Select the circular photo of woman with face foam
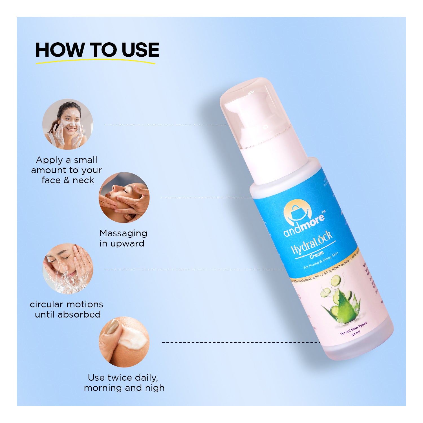(68, 124)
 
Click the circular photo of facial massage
(124, 198)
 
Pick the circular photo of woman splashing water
(68, 269)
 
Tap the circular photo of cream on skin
(124, 342)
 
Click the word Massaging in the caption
(123, 233)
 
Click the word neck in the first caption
(83, 180)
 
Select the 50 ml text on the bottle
(356, 333)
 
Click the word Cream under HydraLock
(316, 255)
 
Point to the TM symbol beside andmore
(323, 211)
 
